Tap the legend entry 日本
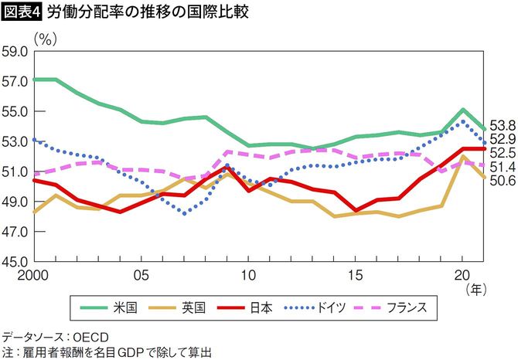click(x=261, y=308)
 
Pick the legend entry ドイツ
click(x=333, y=308)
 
